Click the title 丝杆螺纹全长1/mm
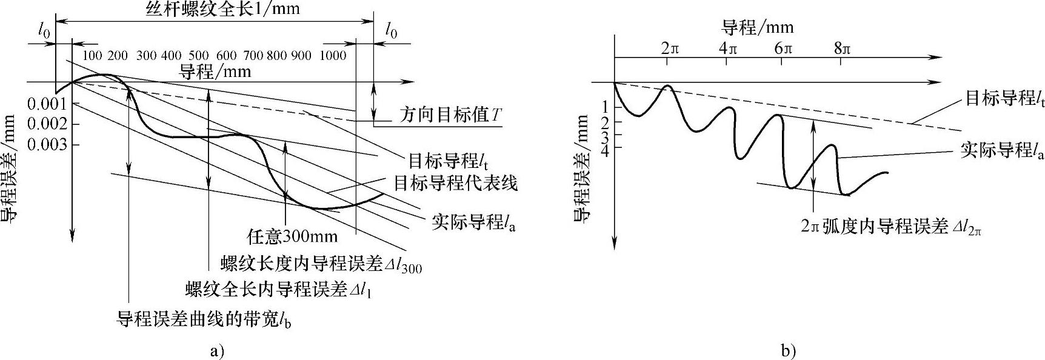223,9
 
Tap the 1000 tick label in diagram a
333,56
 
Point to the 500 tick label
199,56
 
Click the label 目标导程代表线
456,182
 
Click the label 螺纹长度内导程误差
321,263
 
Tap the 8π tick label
842,48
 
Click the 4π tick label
727,48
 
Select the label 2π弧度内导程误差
890,227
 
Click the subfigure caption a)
216,350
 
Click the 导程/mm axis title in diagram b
758,27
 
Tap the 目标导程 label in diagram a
448,161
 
